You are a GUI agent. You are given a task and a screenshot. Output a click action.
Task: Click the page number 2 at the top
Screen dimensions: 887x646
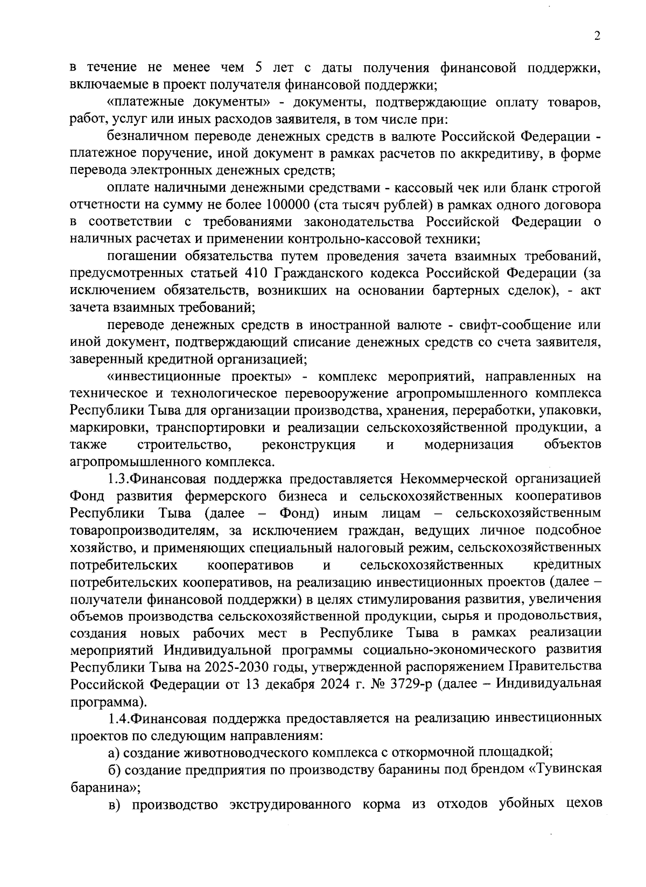[596, 36]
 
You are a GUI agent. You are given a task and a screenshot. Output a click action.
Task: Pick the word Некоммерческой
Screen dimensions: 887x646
[463, 479]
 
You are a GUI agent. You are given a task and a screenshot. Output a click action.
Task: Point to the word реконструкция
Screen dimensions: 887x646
[308, 445]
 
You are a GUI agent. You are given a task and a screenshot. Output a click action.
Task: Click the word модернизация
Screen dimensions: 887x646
[469, 445]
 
